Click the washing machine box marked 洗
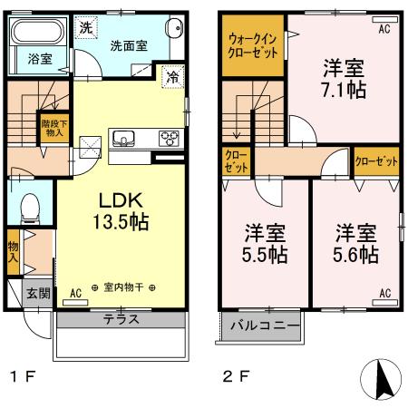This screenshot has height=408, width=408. [85, 27]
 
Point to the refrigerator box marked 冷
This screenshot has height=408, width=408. [171, 79]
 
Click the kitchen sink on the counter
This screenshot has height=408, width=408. [123, 139]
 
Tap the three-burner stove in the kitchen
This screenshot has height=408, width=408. [168, 139]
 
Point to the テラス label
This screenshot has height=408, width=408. [121, 319]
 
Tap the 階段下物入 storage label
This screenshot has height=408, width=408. [53, 128]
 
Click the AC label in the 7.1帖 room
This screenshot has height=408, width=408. [384, 29]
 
